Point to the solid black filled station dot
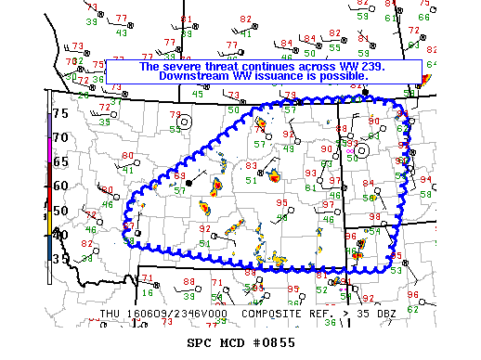point(189,184)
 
